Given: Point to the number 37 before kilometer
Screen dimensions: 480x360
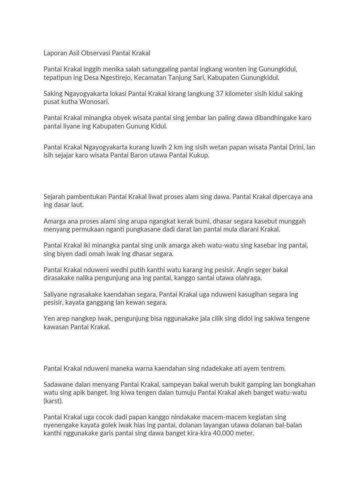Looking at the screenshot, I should (x=220, y=93).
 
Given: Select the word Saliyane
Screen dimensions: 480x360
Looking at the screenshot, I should (x=56, y=294).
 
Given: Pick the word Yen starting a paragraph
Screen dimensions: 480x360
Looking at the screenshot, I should (x=49, y=319).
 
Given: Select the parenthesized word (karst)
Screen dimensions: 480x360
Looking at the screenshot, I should (x=53, y=401).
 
